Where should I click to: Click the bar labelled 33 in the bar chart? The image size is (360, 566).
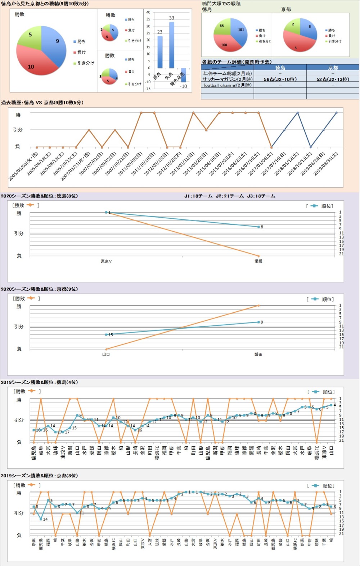coord(172,45)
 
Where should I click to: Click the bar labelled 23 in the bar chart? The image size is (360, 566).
coord(160,52)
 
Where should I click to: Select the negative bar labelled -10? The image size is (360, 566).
coord(184,75)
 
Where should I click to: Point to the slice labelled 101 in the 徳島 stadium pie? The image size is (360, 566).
coord(239,32)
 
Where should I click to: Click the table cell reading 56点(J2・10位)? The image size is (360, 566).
coord(280,79)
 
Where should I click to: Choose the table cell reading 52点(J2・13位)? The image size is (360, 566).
coord(333,79)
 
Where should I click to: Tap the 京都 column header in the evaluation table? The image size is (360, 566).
coord(333,67)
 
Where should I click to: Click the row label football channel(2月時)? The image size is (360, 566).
coord(227,85)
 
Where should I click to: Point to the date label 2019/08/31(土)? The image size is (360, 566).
coord(326,164)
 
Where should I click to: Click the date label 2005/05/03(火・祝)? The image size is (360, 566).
coord(23,166)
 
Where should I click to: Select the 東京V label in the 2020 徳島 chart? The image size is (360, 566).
coord(106,261)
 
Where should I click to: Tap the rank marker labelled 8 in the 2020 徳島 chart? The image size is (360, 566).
coord(258,227)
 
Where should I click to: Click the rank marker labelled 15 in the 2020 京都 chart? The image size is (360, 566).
coord(106,335)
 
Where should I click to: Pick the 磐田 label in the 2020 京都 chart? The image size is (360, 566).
coord(258,354)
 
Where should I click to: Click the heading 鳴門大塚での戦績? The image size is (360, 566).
coord(221,4)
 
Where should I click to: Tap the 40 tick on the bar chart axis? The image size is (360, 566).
coord(148,12)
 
